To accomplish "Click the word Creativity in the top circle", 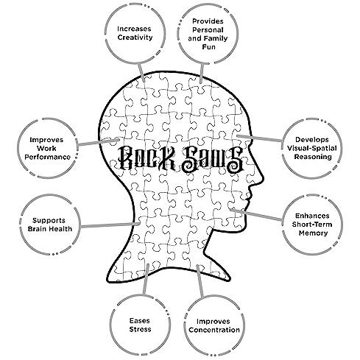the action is [135, 38].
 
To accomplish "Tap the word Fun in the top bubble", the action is [208, 46].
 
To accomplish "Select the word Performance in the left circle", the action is [48, 157].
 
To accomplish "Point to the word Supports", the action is [49, 220].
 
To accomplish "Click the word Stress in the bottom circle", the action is [140, 329].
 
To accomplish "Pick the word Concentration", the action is [214, 330].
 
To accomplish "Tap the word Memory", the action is [313, 233].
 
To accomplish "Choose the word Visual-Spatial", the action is [312, 148].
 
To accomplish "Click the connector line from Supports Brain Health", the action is [110, 225].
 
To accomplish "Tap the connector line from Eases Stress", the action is [146, 279].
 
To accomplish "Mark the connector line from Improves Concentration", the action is [200, 281].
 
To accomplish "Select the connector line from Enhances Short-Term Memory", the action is [257, 215].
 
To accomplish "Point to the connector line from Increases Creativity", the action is [141, 73].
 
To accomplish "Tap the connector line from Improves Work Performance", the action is [99, 142].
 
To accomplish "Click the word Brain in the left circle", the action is [38, 229].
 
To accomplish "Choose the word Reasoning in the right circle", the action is [313, 157].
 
